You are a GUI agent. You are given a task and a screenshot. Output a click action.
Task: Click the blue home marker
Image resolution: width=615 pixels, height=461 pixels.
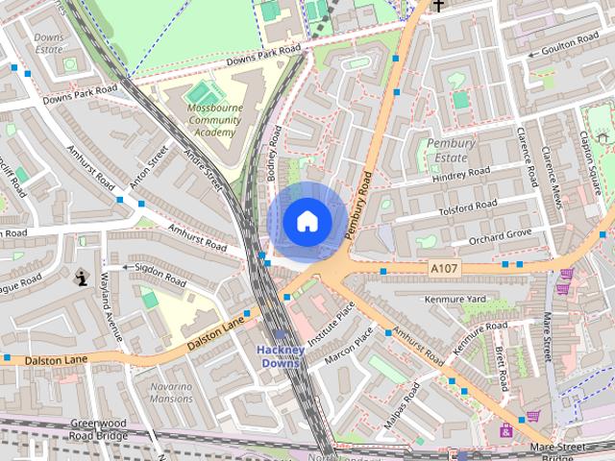[x=306, y=221]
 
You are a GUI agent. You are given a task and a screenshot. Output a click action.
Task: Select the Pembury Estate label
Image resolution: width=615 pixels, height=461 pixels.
[x=451, y=150]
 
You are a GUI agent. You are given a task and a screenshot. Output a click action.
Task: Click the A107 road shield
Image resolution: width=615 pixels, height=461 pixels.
[x=445, y=267]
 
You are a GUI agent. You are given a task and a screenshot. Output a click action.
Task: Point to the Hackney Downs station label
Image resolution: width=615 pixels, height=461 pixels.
[x=282, y=355]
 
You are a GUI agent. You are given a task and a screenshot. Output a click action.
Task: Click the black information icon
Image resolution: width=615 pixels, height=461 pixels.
[x=82, y=278]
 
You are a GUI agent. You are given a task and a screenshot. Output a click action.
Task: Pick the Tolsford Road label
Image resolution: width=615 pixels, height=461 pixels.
[x=467, y=206]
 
